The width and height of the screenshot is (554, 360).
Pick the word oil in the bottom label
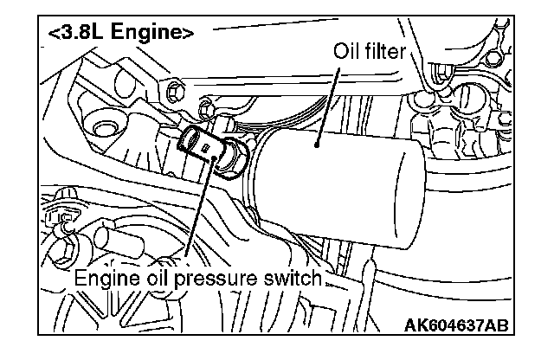[157, 280]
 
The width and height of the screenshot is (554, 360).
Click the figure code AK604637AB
[455, 325]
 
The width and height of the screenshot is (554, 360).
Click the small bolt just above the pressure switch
[205, 109]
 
